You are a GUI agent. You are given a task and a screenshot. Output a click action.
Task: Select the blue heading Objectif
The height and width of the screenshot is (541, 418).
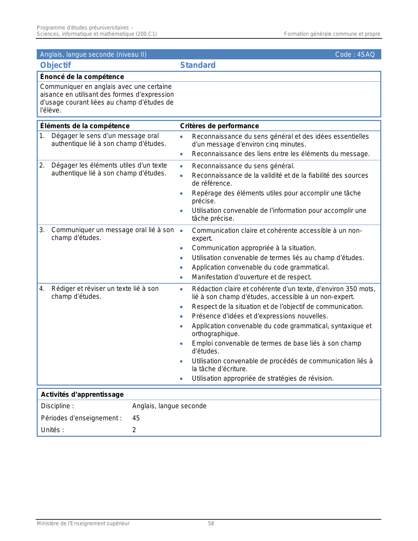(x=55, y=65)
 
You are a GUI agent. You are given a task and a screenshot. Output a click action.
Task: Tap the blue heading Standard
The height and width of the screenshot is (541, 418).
(x=198, y=65)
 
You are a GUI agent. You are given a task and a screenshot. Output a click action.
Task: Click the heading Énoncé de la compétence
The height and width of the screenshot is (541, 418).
(x=82, y=77)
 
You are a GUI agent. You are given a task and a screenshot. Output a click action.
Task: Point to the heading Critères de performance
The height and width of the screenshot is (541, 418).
(x=219, y=126)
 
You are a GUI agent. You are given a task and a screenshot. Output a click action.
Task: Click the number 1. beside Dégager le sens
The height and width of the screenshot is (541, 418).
(x=42, y=136)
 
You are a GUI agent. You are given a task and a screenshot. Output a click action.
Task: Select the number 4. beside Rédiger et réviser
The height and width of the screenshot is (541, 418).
(x=42, y=289)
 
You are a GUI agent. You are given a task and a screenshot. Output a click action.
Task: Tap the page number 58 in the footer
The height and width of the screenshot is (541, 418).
(x=211, y=524)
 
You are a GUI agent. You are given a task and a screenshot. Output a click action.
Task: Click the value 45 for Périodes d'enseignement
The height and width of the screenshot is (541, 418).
(x=136, y=418)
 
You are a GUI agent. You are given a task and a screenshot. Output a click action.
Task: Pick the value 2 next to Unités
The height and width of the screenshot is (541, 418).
(x=134, y=430)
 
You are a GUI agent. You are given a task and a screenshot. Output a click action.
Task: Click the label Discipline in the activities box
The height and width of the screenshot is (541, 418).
(x=57, y=406)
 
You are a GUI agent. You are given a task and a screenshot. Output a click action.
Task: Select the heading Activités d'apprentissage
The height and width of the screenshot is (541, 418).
(x=82, y=394)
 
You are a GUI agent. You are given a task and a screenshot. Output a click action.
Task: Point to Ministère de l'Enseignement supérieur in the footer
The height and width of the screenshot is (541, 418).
(x=83, y=524)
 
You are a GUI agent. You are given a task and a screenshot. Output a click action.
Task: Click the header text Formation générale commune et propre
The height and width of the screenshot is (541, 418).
(x=332, y=34)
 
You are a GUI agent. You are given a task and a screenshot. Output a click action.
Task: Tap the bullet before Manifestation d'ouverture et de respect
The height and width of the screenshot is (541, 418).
(x=181, y=277)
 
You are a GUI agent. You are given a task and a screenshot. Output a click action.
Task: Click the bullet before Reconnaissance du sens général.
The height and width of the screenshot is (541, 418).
(x=181, y=166)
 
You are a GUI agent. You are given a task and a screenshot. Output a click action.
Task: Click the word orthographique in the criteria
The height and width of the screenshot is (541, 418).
(x=215, y=334)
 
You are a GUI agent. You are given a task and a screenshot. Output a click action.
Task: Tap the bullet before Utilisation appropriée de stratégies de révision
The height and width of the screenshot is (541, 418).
(x=181, y=379)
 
